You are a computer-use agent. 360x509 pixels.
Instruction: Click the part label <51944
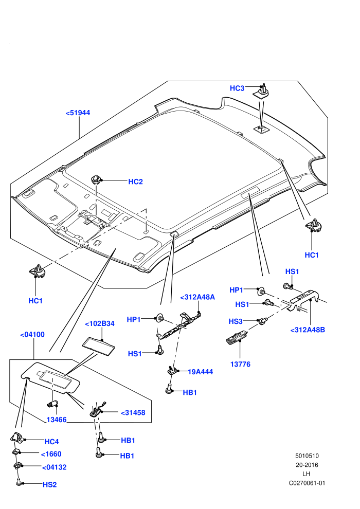click(x=78, y=113)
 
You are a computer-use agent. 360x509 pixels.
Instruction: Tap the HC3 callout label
click(x=237, y=88)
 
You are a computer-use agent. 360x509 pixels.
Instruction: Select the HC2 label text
click(x=135, y=182)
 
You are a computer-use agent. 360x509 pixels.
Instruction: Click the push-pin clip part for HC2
click(x=96, y=179)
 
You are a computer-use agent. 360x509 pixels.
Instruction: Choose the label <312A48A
click(x=197, y=297)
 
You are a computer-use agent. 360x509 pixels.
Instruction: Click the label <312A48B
click(x=308, y=330)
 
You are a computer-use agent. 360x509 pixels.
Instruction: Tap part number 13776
click(x=240, y=364)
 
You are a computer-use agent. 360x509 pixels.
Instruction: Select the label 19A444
click(x=200, y=372)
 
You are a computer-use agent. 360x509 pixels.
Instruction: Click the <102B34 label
click(x=100, y=324)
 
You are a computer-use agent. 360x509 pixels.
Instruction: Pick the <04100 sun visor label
click(x=32, y=335)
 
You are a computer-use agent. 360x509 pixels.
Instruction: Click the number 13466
click(x=57, y=420)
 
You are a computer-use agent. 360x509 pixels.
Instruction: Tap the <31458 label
click(x=133, y=413)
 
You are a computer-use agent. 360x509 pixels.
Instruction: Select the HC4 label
click(x=51, y=442)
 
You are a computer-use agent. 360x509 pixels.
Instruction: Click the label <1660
click(x=51, y=454)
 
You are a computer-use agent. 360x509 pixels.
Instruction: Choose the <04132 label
click(x=54, y=467)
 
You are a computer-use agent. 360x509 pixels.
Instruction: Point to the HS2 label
click(x=50, y=485)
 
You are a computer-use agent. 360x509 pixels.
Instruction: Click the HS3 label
click(x=236, y=321)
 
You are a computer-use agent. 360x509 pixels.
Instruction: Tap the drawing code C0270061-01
click(x=307, y=483)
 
